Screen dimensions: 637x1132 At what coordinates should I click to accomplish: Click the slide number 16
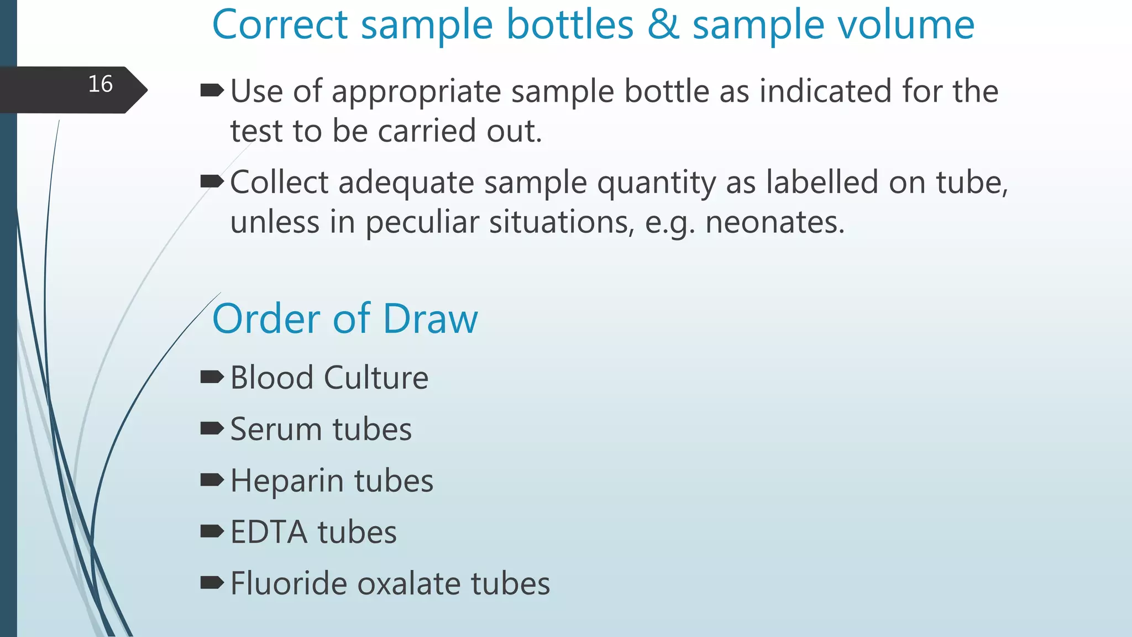101,84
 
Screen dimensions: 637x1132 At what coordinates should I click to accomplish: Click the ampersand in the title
663,25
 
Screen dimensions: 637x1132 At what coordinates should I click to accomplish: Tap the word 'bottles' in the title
570,25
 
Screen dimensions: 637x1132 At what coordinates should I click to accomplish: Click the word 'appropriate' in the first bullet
416,92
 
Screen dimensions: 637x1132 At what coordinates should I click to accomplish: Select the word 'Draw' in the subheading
431,319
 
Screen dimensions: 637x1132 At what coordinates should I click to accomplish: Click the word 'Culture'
376,378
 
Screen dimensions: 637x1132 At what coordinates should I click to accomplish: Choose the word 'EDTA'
269,532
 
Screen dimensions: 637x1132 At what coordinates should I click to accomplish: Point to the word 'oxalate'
409,583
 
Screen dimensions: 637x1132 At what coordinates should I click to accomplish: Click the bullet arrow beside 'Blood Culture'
212,377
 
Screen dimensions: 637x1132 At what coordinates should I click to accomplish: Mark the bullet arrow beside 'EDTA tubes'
212,531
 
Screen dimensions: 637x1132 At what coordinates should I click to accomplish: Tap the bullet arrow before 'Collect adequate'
212,181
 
